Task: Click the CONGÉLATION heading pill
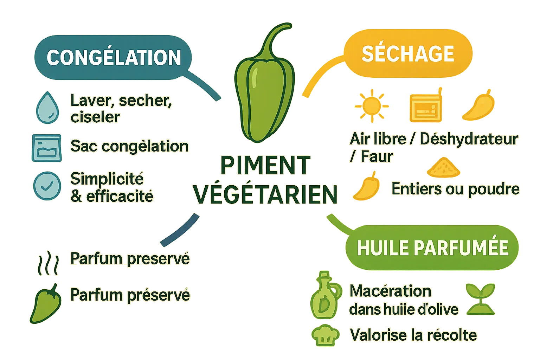click(x=113, y=57)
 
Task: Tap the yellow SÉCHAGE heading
click(x=408, y=53)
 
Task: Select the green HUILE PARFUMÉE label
click(x=432, y=248)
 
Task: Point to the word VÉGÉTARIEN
click(x=265, y=194)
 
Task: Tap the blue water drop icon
click(x=47, y=108)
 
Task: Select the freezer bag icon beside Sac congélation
click(x=46, y=148)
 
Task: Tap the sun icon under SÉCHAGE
click(x=372, y=106)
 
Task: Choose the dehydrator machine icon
click(x=425, y=108)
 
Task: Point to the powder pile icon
click(x=443, y=168)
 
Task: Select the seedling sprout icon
click(x=480, y=299)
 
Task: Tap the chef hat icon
click(x=326, y=336)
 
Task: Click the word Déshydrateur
click(x=469, y=140)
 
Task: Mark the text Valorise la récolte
click(x=413, y=335)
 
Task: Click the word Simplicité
click(x=107, y=179)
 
